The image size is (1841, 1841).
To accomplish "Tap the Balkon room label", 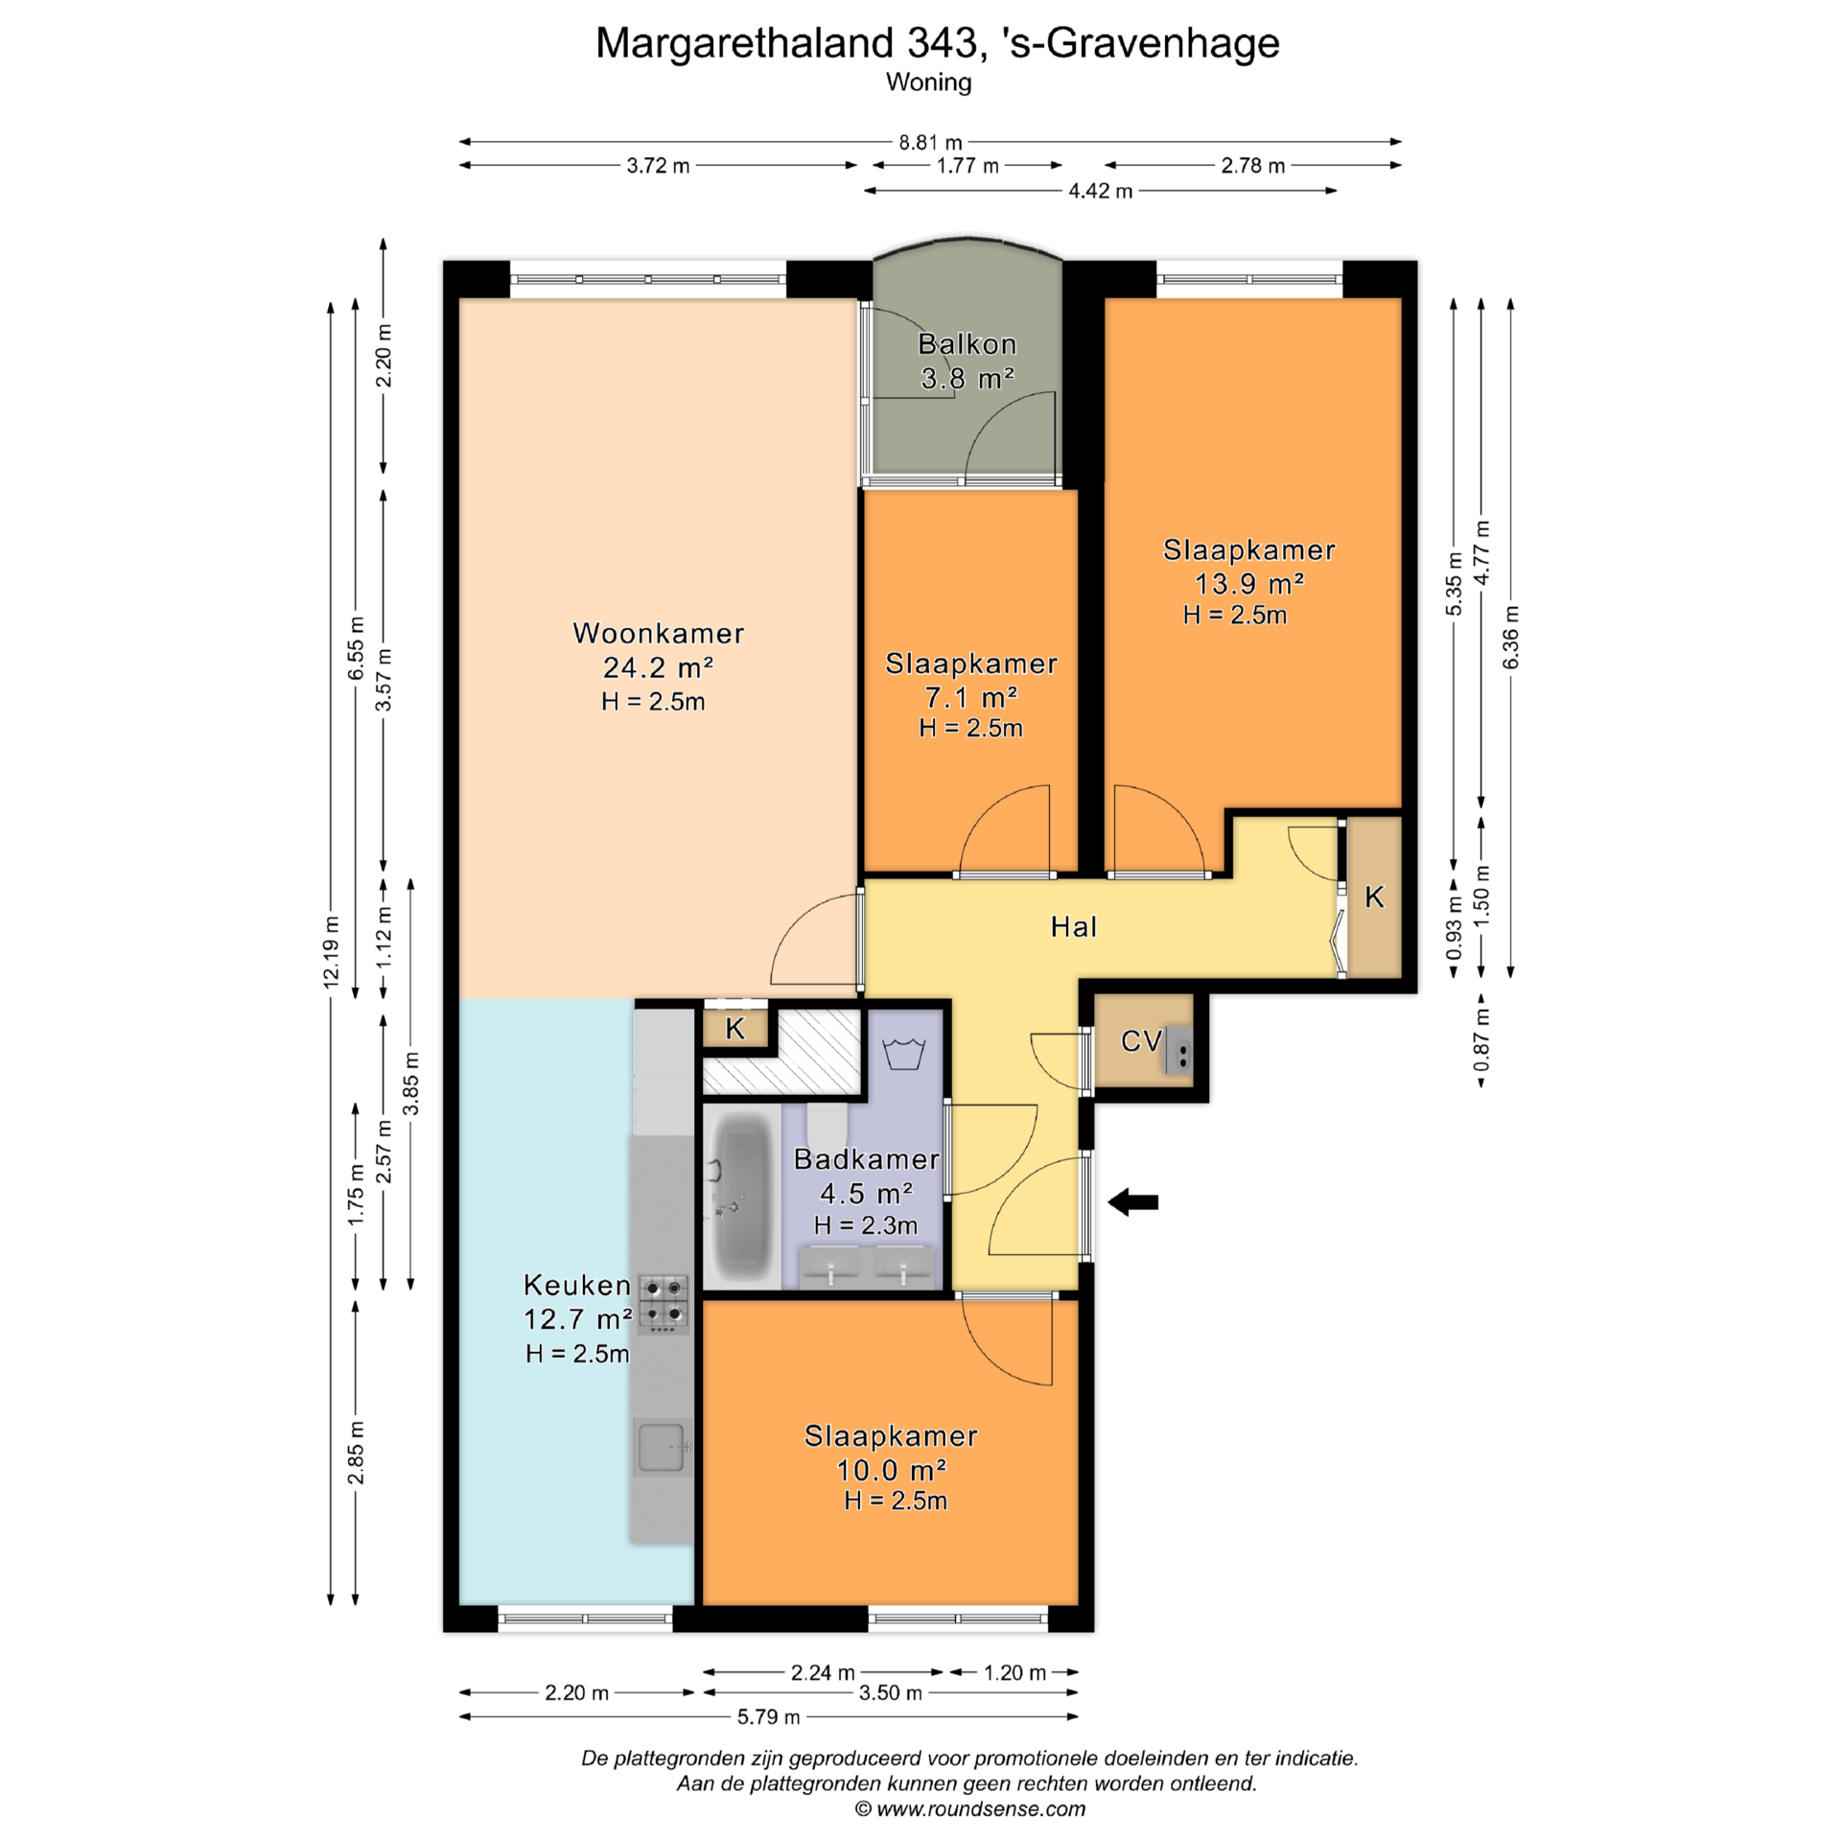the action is [967, 344].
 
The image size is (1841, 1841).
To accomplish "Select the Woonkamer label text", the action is [658, 633].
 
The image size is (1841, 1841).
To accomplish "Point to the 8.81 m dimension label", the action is [930, 143].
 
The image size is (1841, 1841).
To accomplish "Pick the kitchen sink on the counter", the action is [662, 1447].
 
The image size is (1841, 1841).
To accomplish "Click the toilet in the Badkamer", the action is [826, 1125].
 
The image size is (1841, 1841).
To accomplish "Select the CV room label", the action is [1141, 1040].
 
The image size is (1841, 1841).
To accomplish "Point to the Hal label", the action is [1073, 926].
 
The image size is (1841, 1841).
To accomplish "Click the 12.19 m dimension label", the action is [331, 951].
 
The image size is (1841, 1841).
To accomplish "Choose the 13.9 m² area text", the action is [1248, 583].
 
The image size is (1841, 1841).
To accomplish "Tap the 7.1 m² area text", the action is [970, 696].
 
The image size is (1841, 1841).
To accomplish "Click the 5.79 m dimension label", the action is [768, 1716].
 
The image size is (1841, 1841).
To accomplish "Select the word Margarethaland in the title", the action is [744, 44].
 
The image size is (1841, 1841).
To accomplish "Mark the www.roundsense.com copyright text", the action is [970, 1809].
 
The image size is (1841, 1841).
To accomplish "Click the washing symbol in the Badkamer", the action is [903, 1053].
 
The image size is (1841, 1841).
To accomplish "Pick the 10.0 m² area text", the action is [891, 1470].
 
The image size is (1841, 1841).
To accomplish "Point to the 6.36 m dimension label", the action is [1510, 638].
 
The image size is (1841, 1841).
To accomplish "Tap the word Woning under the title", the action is [928, 83].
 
